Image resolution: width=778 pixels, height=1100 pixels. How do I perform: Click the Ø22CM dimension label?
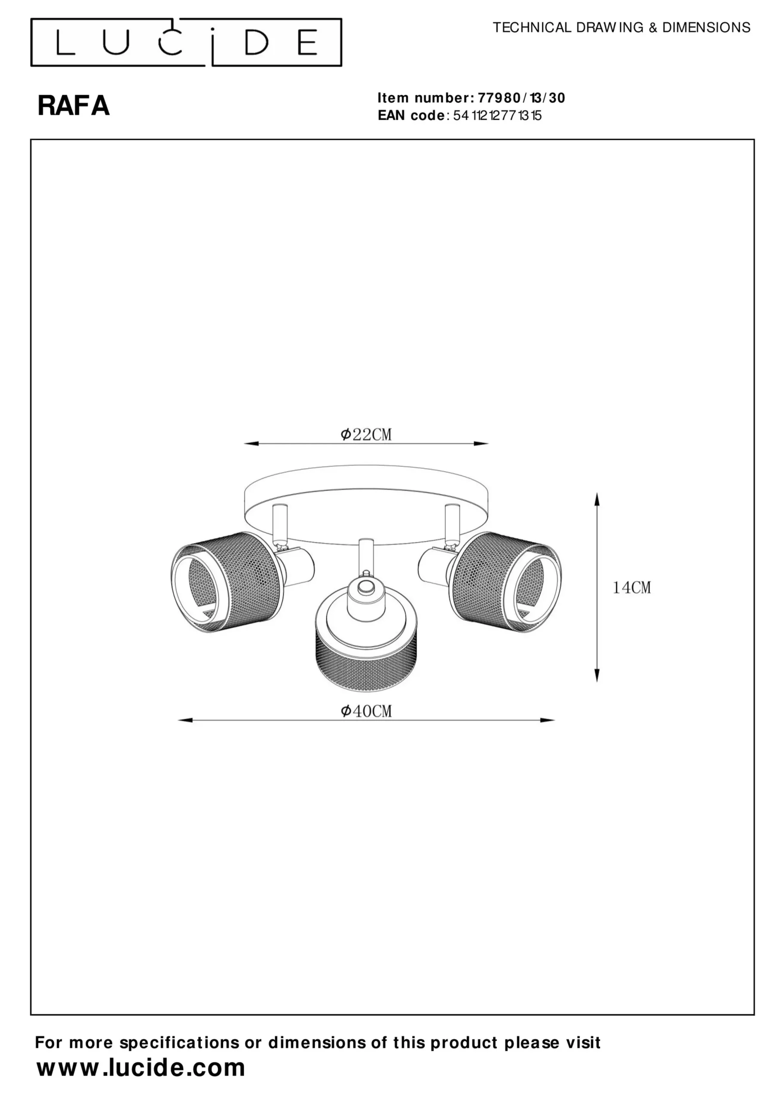click(366, 434)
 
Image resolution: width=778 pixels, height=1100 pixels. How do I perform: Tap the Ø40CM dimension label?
click(366, 711)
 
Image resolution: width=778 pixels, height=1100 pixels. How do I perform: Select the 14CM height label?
click(632, 587)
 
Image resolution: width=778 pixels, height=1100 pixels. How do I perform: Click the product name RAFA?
click(74, 106)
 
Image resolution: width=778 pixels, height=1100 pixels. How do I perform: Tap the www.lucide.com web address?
click(141, 1067)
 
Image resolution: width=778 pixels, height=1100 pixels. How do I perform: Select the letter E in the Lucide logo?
click(307, 43)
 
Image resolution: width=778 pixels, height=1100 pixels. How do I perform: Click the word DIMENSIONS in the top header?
click(706, 28)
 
